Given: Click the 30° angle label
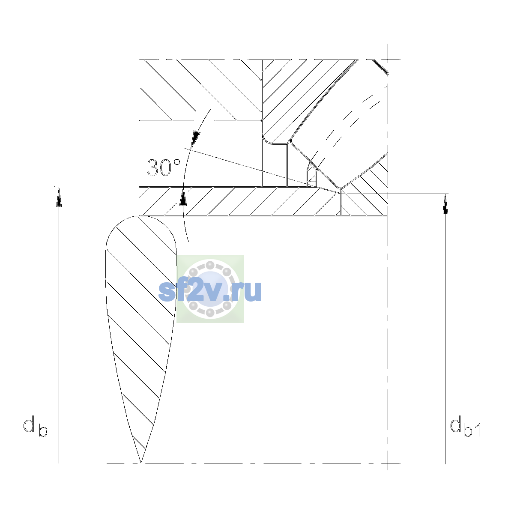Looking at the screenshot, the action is click(164, 168).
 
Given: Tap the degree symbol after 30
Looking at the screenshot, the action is click(177, 162).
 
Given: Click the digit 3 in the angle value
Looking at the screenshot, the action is click(152, 168).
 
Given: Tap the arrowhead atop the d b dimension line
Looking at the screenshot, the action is click(59, 197).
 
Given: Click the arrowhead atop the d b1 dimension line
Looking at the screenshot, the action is click(445, 203).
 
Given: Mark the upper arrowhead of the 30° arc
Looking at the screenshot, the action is click(196, 139).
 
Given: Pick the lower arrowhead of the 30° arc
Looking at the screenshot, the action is click(183, 197).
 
